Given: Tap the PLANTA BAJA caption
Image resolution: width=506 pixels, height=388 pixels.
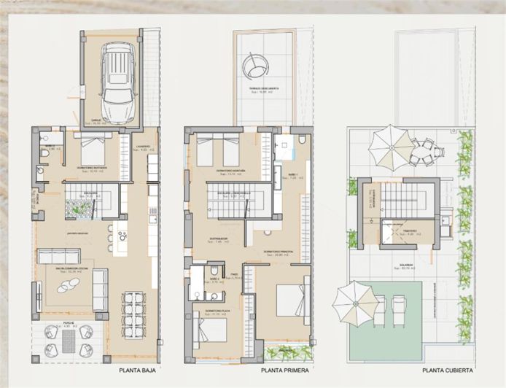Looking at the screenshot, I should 138,370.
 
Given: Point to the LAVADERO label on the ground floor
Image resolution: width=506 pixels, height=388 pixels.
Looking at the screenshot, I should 143,146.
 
